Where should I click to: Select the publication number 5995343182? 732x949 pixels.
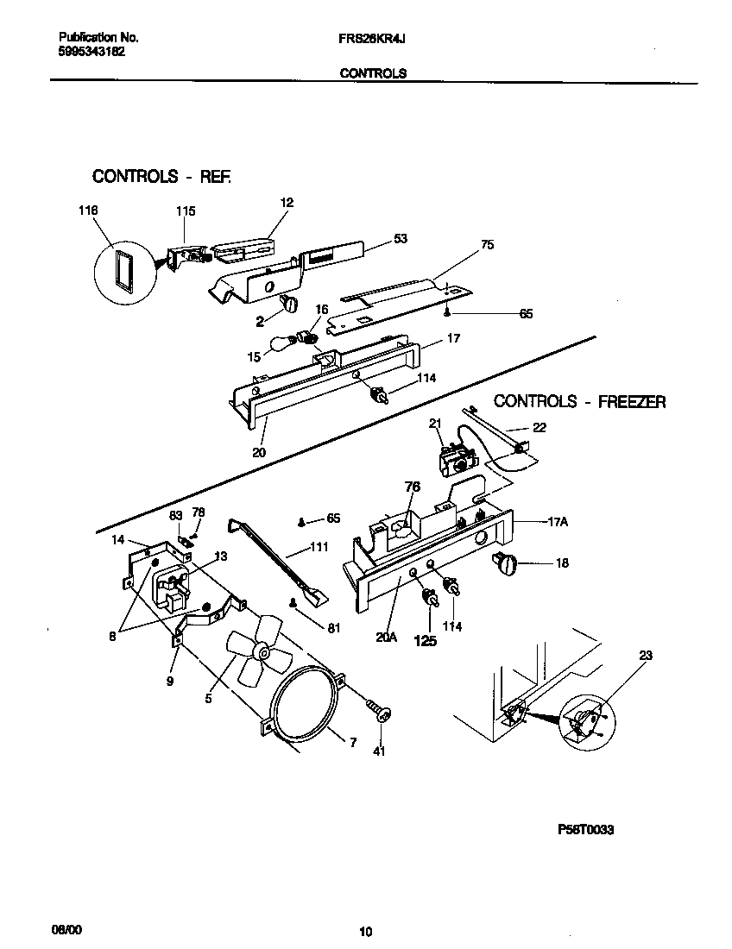click(91, 52)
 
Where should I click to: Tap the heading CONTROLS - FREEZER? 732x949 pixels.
click(579, 401)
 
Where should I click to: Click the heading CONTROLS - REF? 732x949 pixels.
click(162, 177)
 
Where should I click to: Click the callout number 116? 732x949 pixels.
click(87, 211)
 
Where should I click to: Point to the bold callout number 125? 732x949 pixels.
click(426, 641)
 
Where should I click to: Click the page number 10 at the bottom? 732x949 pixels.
click(366, 931)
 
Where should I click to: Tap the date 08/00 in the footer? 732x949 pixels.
click(67, 929)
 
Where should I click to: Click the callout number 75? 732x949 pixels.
click(487, 245)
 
